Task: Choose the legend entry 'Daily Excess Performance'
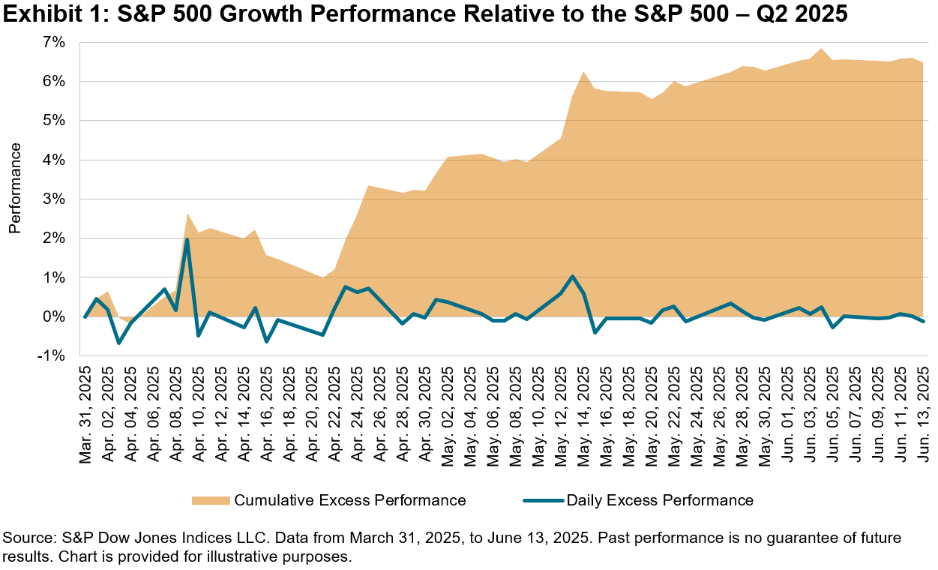click(x=660, y=500)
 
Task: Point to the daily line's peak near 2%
click(x=187, y=240)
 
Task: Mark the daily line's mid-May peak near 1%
click(x=573, y=277)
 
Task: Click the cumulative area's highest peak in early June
click(x=822, y=49)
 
